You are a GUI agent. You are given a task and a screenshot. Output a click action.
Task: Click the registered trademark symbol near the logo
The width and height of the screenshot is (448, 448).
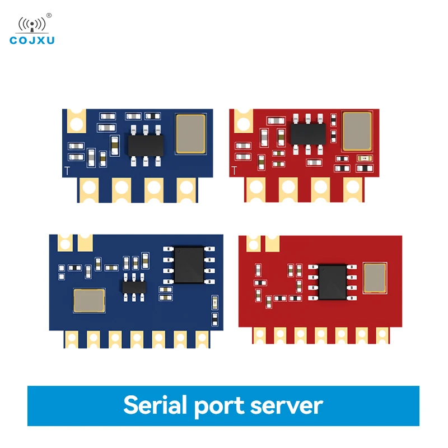[x=49, y=15]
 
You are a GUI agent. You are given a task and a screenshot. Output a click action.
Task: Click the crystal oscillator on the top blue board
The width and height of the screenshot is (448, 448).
[x=190, y=134]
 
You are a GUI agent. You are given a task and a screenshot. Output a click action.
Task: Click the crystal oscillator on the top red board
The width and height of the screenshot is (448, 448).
[x=357, y=131]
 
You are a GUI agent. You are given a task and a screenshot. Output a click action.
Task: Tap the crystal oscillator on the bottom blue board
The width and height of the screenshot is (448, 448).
[x=89, y=301]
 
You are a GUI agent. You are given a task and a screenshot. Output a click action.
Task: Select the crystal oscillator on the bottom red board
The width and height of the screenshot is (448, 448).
[x=375, y=278]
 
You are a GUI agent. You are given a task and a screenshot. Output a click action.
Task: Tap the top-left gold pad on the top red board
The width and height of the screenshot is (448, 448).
[x=242, y=120]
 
